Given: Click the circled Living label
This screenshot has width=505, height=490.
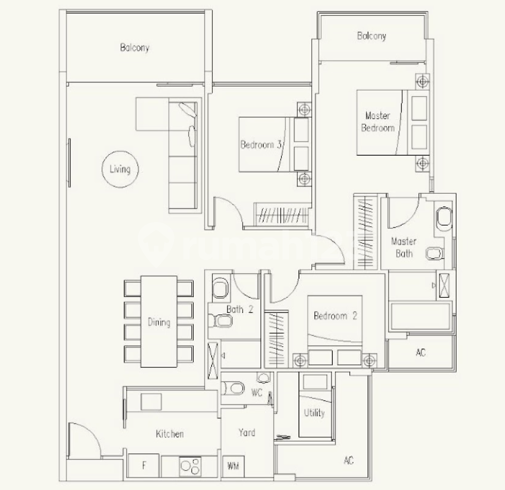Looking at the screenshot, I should tap(120, 169).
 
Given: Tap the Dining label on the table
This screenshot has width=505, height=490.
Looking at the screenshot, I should tap(159, 323).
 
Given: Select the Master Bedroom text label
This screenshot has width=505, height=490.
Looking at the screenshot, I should tap(377, 122).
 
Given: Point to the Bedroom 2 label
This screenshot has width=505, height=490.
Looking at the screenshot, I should tap(335, 316).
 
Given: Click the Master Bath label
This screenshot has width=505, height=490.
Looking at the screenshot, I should tap(403, 247).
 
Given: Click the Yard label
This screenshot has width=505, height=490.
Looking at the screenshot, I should tap(246, 432).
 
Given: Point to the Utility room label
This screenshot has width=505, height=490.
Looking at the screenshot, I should tap(314, 413).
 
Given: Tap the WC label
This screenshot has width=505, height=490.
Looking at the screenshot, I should tap(257, 393).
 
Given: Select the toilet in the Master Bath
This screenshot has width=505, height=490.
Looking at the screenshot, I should tap(433, 254).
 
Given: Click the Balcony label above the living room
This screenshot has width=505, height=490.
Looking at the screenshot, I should tap(134, 48).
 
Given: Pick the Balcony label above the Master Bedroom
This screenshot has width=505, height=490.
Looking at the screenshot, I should tap(371, 36).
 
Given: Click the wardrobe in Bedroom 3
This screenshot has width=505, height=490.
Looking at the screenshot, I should tap(281, 214).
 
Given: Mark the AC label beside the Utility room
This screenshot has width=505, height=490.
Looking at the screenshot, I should tap(348, 460).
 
